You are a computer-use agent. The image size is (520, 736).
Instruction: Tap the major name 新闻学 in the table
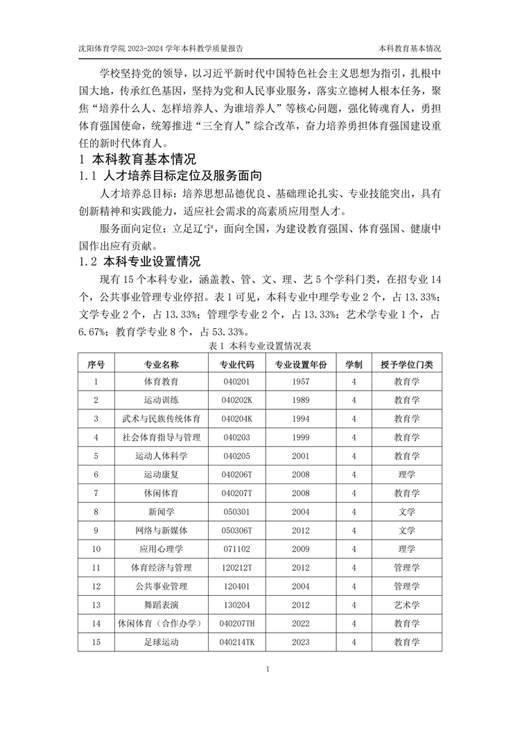[x=161, y=512]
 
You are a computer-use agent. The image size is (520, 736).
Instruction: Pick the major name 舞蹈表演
[x=161, y=605]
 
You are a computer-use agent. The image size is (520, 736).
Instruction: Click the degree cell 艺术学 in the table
[x=406, y=605]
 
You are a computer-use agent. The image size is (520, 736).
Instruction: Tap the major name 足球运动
[x=161, y=642]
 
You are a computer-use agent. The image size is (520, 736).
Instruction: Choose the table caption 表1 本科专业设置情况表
[x=259, y=345]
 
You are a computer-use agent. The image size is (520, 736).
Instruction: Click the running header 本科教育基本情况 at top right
[x=409, y=49]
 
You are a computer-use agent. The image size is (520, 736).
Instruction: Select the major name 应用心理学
[x=161, y=549]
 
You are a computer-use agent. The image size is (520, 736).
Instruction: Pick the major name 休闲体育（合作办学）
[x=161, y=624]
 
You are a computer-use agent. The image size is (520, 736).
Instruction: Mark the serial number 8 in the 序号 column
[x=96, y=512]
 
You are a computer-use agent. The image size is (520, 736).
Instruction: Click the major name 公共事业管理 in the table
[x=161, y=586]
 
